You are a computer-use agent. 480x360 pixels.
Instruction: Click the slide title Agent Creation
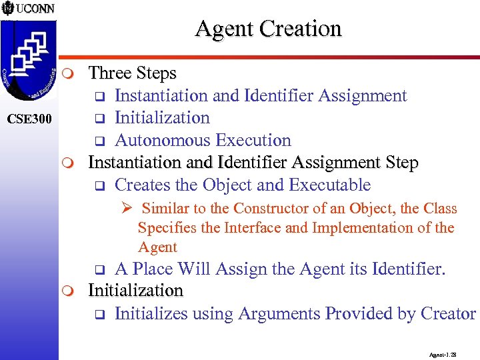(268, 29)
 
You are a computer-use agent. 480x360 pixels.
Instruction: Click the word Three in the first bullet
(110, 73)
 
